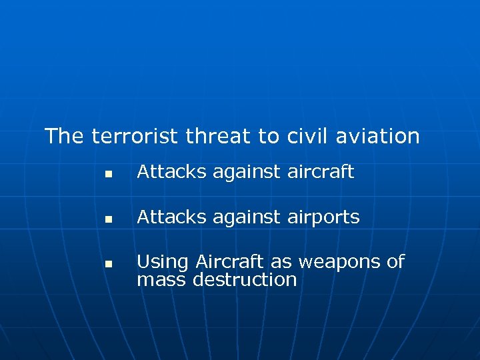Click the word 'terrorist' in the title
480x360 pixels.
click(135, 136)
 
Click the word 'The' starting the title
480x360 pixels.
click(64, 136)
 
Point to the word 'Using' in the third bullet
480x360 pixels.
click(159, 262)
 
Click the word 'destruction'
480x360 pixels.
click(245, 279)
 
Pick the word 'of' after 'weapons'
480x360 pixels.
click(395, 261)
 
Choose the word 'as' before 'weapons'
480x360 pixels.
click(283, 262)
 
